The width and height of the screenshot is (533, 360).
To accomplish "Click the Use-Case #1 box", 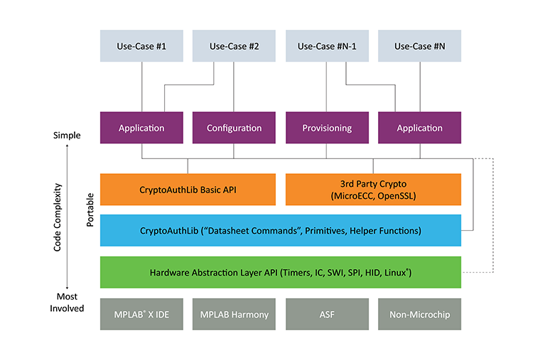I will click(x=141, y=46).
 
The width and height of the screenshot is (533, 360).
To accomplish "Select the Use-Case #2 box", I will click(x=234, y=46).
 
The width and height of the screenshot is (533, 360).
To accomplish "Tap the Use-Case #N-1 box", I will click(x=326, y=46).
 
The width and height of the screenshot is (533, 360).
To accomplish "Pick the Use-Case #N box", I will click(x=419, y=46).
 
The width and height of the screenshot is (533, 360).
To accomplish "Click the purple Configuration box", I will click(x=234, y=129).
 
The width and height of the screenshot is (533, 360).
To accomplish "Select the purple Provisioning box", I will click(x=326, y=129).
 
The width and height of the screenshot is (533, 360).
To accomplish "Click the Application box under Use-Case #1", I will click(x=141, y=129).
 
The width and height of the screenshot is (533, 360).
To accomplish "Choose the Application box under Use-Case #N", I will click(x=419, y=129).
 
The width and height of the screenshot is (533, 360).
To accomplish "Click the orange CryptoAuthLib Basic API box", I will click(x=188, y=190).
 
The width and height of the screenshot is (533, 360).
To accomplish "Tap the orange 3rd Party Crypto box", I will click(x=373, y=190).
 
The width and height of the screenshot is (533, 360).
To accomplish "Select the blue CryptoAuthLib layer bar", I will click(x=280, y=230).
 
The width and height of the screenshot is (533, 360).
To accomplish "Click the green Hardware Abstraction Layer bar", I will click(x=280, y=272).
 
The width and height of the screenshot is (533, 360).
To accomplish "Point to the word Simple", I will click(x=66, y=135).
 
